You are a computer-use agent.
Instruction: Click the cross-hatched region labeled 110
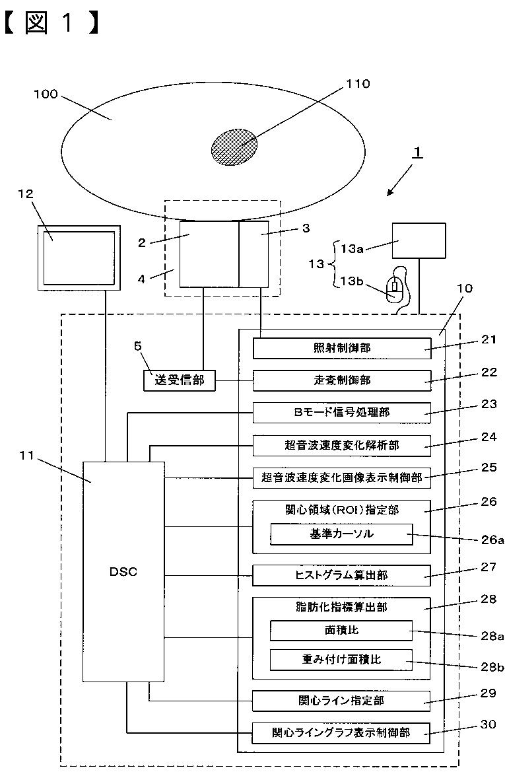234,147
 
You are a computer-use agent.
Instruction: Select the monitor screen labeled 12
79,258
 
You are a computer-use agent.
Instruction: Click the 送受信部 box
179,380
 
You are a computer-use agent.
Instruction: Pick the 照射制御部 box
341,348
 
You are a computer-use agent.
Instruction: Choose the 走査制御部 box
341,380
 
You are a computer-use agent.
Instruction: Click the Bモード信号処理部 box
341,413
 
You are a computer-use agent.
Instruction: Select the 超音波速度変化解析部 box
341,445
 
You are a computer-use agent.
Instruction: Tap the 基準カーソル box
341,534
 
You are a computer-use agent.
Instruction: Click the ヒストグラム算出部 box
341,575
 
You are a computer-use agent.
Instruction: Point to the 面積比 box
341,630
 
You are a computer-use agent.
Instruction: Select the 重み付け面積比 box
341,660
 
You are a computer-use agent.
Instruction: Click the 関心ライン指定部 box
341,701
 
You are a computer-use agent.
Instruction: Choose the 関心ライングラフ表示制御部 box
341,732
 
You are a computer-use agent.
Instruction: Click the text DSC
123,572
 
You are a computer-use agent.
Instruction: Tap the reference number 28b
492,667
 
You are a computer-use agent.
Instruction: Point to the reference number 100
46,94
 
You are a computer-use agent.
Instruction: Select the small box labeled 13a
419,241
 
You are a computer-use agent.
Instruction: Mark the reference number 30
488,724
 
